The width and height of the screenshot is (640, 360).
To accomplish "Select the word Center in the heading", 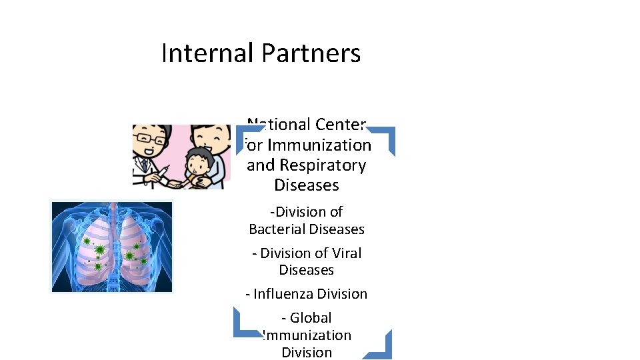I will [x=340, y=124].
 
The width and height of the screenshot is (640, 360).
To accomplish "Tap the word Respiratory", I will [x=322, y=165].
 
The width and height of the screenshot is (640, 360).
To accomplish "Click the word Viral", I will [x=346, y=253].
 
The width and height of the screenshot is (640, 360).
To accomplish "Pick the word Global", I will [x=311, y=318].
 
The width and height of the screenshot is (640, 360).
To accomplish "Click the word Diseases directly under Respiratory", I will [x=307, y=185].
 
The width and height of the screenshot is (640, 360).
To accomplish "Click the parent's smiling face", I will [x=213, y=139].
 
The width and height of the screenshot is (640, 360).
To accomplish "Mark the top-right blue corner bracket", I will [x=385, y=137].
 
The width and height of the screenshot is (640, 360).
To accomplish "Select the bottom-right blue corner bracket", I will [x=383, y=347].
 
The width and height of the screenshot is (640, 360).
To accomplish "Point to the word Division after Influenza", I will [x=343, y=294].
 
